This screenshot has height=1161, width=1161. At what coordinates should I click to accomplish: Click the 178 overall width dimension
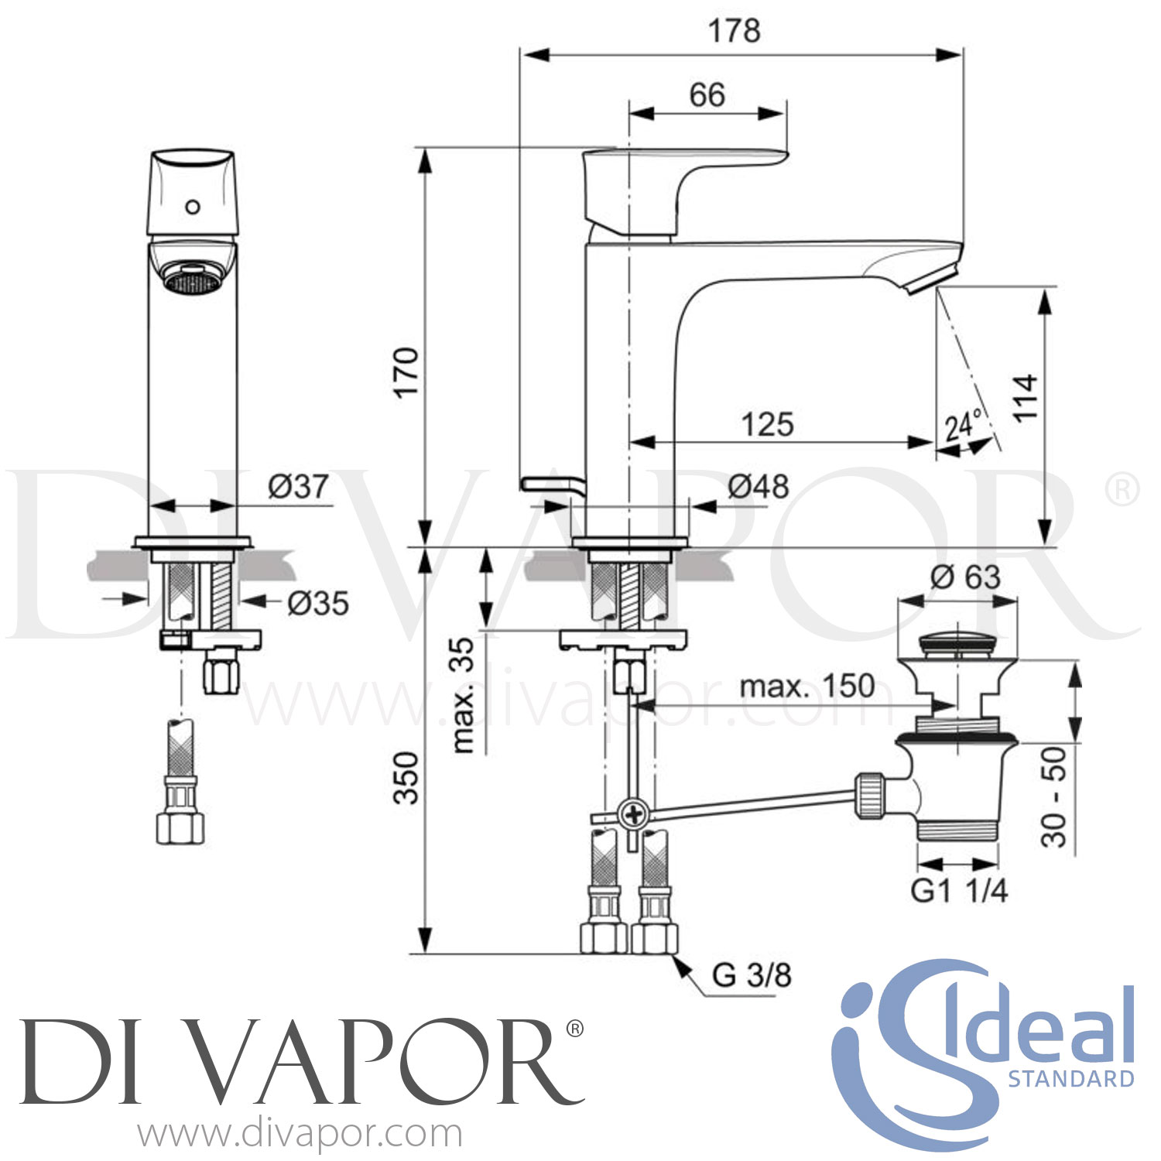(x=734, y=31)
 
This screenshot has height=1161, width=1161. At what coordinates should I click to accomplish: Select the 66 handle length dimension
(x=707, y=95)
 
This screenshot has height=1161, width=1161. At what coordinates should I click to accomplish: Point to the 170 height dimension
(x=406, y=372)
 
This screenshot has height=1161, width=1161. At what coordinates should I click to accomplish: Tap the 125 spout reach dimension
(x=767, y=424)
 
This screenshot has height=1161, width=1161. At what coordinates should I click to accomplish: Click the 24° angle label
(x=963, y=425)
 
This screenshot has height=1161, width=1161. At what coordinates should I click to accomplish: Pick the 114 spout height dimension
(x=1026, y=397)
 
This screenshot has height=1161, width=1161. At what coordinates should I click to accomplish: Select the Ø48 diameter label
(x=758, y=486)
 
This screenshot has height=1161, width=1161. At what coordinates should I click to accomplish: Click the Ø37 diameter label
(x=298, y=486)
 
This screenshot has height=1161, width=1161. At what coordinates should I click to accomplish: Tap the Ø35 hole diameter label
(x=317, y=603)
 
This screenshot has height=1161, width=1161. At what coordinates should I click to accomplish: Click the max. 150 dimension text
(x=807, y=686)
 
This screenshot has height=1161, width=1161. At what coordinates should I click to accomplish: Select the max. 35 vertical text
(x=463, y=694)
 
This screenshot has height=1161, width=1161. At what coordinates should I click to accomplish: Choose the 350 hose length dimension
(x=406, y=777)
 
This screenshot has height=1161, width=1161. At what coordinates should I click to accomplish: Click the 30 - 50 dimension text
(x=1053, y=796)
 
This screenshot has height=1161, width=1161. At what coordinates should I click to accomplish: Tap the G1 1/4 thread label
(x=959, y=891)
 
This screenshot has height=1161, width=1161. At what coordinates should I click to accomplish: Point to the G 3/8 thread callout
(x=751, y=975)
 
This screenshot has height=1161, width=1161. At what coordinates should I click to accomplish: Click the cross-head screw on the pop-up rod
(x=634, y=813)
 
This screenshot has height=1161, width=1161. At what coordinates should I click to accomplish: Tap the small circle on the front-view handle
(x=193, y=207)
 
